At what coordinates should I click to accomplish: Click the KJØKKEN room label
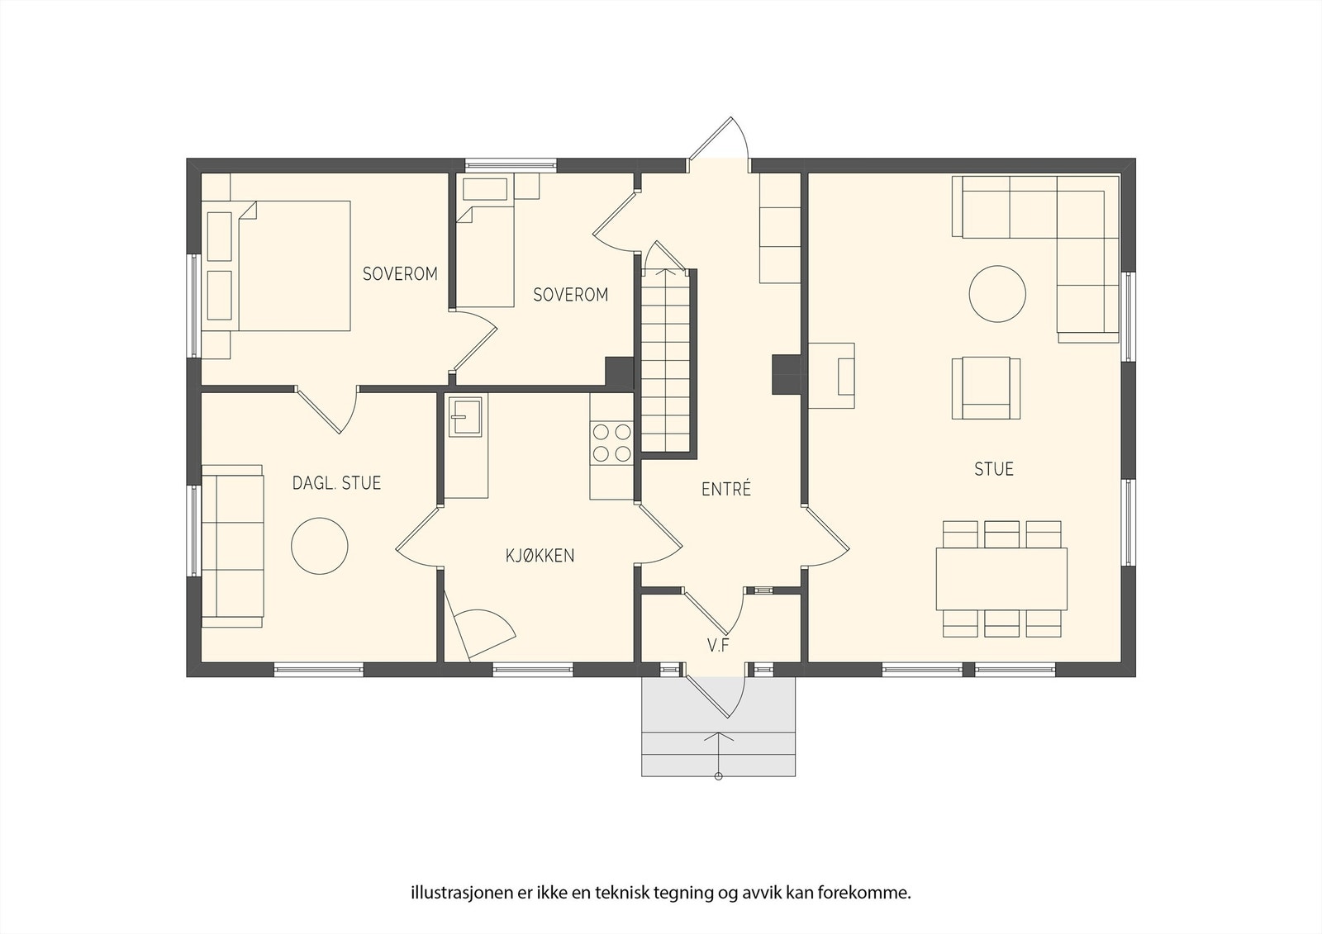click(540, 555)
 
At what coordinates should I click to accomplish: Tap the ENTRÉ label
click(726, 489)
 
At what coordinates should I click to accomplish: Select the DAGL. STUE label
click(336, 483)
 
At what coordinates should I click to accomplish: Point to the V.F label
click(718, 646)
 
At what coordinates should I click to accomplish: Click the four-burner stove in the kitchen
click(611, 443)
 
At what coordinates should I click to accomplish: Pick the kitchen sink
click(465, 416)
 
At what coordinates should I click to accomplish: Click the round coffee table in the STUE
click(997, 294)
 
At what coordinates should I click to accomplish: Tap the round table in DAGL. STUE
click(319, 547)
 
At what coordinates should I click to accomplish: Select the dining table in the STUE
click(1001, 579)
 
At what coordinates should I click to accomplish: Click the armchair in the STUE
click(986, 388)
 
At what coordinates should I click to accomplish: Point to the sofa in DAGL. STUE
click(232, 546)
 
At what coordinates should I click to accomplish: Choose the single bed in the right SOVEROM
click(486, 257)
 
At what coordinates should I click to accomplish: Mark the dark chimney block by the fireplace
click(786, 374)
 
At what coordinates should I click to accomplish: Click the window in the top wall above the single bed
click(511, 165)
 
